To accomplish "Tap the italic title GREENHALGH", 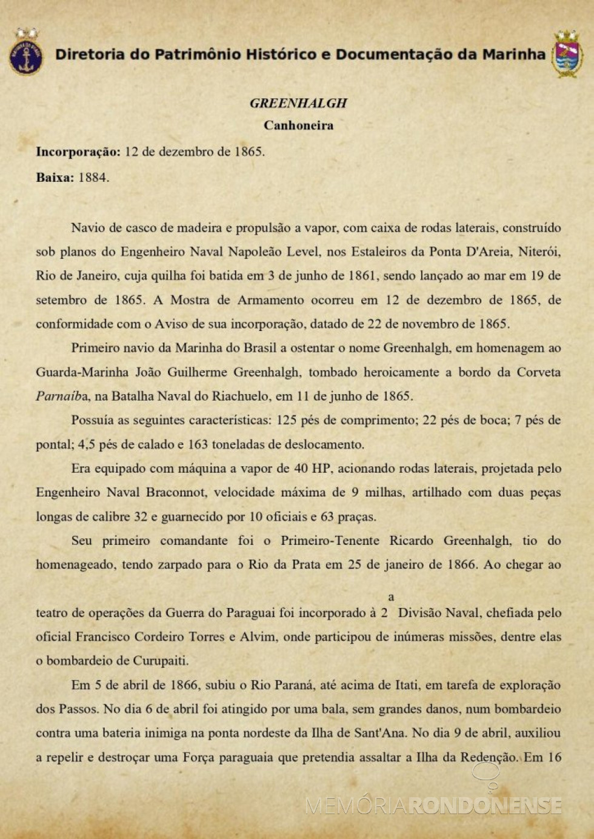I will pyautogui.click(x=298, y=103).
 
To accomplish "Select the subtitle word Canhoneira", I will pyautogui.click(x=298, y=125).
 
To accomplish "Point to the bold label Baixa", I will pyautogui.click(x=54, y=178).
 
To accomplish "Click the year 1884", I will pyautogui.click(x=93, y=178).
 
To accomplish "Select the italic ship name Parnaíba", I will pyautogui.click(x=62, y=396).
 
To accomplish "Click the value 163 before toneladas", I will pyautogui.click(x=198, y=444).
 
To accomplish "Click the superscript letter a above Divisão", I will pyautogui.click(x=391, y=597).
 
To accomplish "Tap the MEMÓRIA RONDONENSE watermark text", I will pyautogui.click(x=434, y=806).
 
